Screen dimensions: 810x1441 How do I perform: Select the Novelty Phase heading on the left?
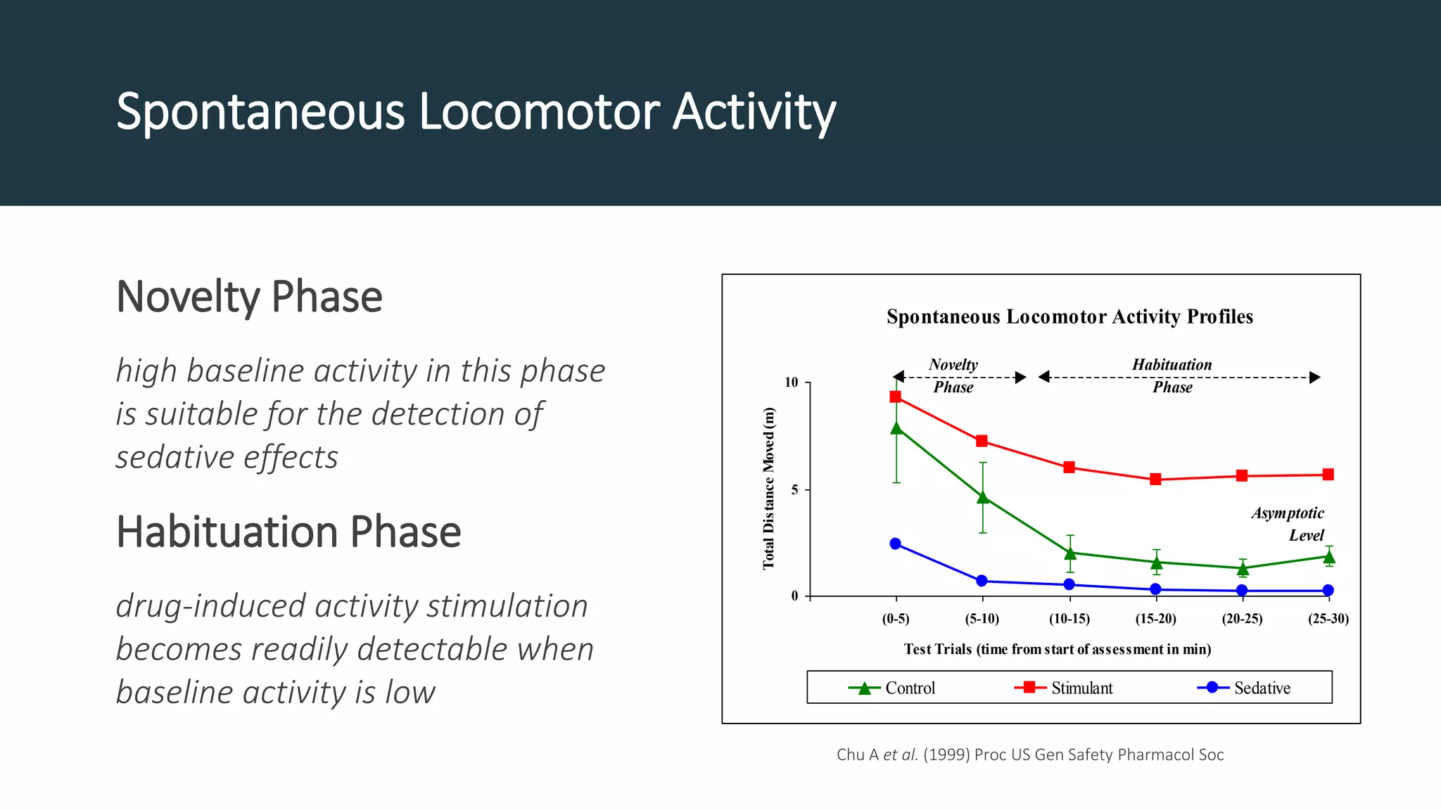(249, 297)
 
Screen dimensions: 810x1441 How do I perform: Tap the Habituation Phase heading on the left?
(288, 532)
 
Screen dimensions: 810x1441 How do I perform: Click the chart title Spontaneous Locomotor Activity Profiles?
(1069, 316)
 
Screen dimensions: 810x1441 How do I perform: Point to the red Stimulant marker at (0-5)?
(896, 397)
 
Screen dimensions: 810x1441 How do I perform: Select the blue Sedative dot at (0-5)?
(896, 544)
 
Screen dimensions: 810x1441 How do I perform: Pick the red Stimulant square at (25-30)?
(1328, 475)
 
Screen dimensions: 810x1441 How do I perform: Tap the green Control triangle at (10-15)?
(1070, 553)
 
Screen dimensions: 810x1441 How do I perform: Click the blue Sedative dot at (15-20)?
(1155, 589)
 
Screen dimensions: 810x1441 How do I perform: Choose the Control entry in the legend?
(894, 688)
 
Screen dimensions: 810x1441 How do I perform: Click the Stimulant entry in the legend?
(1065, 688)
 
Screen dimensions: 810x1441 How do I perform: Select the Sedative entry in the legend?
(1245, 688)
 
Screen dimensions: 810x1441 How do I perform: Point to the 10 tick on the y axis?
(792, 382)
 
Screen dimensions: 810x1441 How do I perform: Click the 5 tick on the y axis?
(795, 489)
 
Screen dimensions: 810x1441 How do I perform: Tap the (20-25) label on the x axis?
(1242, 619)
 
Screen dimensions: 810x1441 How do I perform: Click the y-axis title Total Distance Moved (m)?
(768, 489)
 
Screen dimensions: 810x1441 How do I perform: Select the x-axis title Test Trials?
(1057, 649)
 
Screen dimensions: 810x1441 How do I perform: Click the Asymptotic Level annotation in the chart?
(1289, 524)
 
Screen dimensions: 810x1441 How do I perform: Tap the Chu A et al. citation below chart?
(1030, 754)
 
